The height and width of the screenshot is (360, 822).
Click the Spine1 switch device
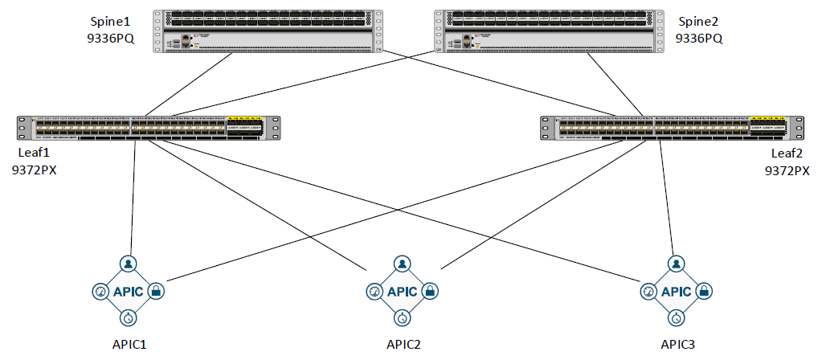[x=268, y=31]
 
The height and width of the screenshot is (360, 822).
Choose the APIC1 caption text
[x=130, y=345]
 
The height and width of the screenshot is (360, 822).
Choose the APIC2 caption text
[x=403, y=345]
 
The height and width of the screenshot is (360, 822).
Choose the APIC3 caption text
[x=678, y=345]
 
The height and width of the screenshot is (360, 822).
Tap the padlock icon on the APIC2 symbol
[x=430, y=291]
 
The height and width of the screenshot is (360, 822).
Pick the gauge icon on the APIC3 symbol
[x=648, y=291]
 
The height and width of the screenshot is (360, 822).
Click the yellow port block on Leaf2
[x=768, y=123]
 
